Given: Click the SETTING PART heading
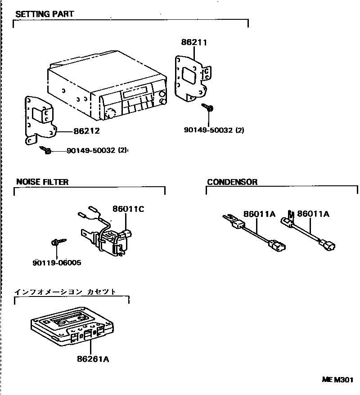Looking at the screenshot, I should [x=45, y=14].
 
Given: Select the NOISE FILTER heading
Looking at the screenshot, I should [x=42, y=182].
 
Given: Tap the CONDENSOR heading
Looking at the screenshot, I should [x=232, y=182].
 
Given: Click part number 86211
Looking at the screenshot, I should [x=194, y=43].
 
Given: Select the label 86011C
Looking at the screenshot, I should [x=128, y=209].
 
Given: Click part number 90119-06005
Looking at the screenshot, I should [x=57, y=263].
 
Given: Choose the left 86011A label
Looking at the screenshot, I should [x=259, y=214].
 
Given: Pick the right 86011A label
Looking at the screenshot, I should [x=313, y=214].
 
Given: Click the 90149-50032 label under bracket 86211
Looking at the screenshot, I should [x=214, y=130].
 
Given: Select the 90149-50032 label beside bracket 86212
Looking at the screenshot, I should [x=97, y=151].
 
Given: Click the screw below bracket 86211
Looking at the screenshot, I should [x=208, y=108].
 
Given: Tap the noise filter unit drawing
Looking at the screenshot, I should [x=111, y=238].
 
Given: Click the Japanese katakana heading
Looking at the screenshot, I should [x=66, y=292].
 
